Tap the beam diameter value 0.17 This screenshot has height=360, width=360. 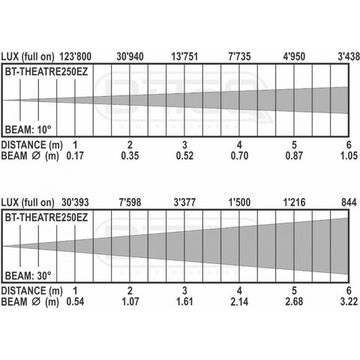(75, 157)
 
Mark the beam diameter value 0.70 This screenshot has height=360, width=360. (240, 157)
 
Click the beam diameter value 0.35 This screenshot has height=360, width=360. (130, 157)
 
